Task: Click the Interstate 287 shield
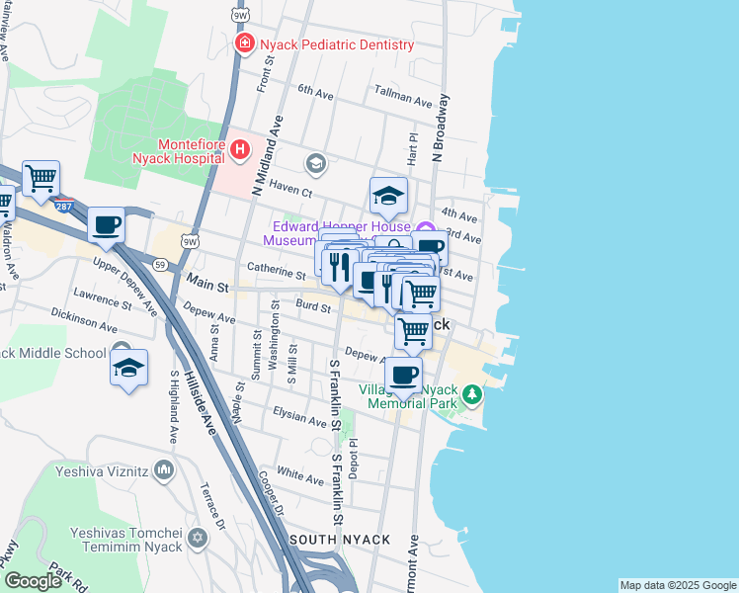64,206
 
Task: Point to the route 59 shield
159,263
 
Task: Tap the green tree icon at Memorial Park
472,395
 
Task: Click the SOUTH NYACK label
340,540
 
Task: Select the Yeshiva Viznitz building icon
164,471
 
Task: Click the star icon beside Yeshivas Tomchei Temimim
199,539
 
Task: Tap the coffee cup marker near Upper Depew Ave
106,225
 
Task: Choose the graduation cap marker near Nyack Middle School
128,368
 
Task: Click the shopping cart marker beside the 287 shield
41,179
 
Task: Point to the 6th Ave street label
315,91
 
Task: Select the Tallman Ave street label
403,100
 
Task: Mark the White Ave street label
300,479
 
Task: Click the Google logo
33,581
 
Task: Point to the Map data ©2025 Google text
677,585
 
